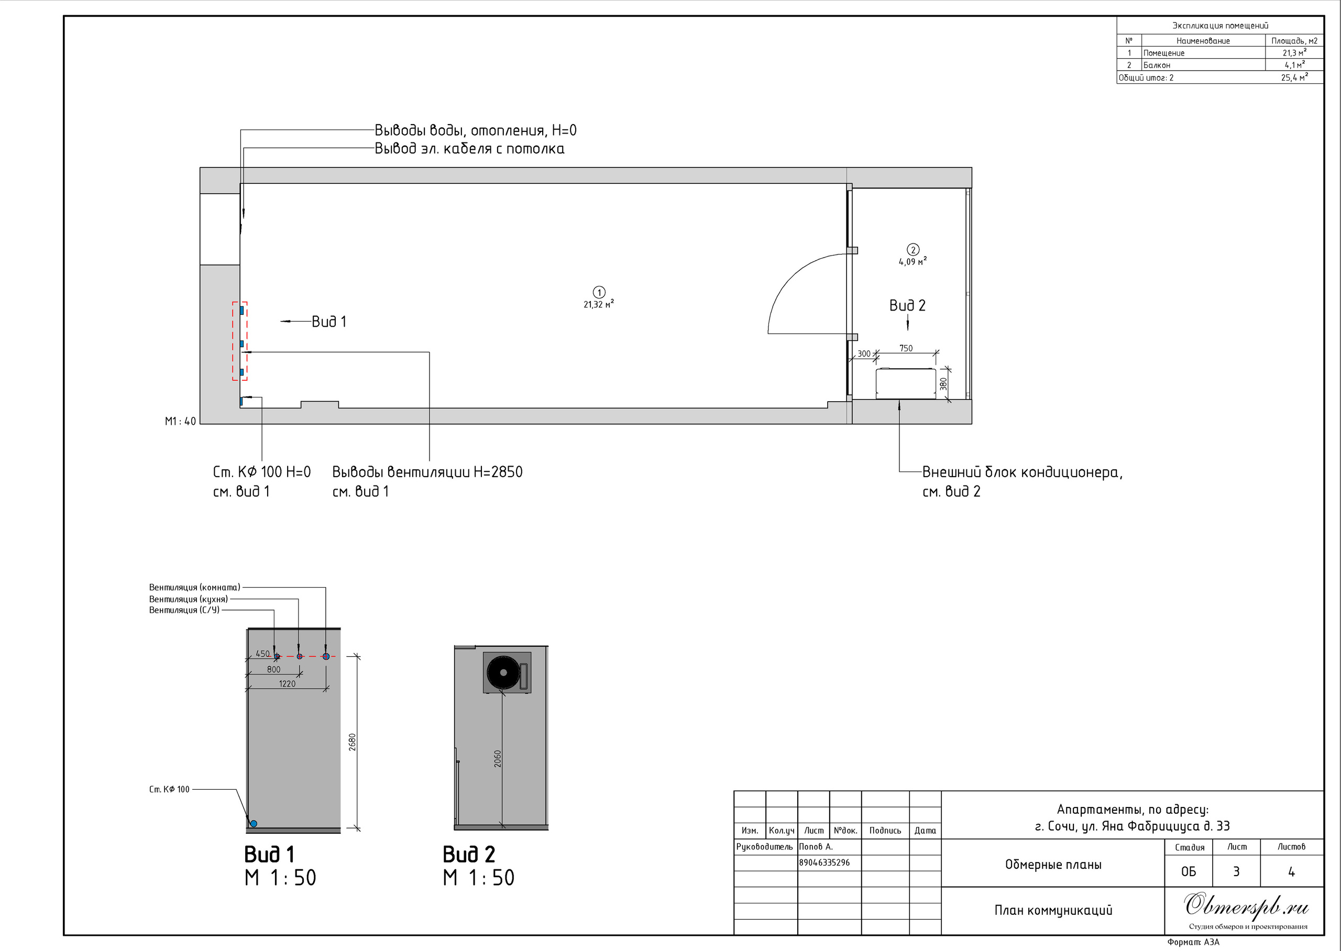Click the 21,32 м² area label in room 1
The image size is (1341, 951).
(598, 304)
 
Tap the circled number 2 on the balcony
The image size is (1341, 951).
(913, 249)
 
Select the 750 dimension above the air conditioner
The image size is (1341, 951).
(906, 348)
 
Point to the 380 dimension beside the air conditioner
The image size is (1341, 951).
(943, 384)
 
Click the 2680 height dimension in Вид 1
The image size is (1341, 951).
(352, 742)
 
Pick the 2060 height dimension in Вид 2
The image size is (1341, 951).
(498, 759)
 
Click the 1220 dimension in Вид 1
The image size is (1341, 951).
(287, 683)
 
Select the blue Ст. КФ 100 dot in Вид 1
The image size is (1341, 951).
(254, 823)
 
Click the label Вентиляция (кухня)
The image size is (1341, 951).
(189, 599)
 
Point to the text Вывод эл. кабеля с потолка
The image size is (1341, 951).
(470, 149)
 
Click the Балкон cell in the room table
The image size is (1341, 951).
(1157, 65)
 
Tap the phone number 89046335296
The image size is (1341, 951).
(825, 862)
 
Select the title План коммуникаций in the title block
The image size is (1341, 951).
(1053, 910)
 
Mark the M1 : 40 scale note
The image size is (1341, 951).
(180, 421)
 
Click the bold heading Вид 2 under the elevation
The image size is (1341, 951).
(468, 854)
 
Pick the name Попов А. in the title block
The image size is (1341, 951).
(816, 847)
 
